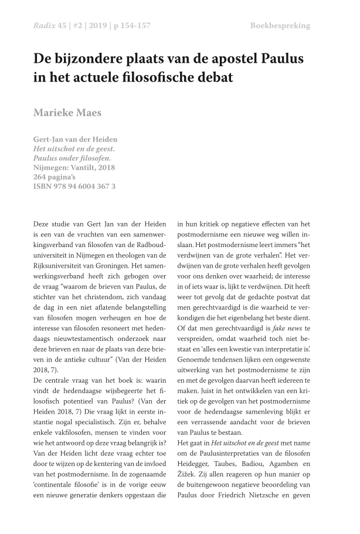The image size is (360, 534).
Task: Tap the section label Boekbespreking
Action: click(x=280, y=26)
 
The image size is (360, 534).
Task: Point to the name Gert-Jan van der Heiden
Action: click(x=75, y=139)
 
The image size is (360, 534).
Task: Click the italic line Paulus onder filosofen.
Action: click(x=72, y=158)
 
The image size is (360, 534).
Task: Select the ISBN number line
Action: click(x=74, y=187)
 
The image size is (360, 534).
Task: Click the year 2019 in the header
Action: click(x=96, y=26)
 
